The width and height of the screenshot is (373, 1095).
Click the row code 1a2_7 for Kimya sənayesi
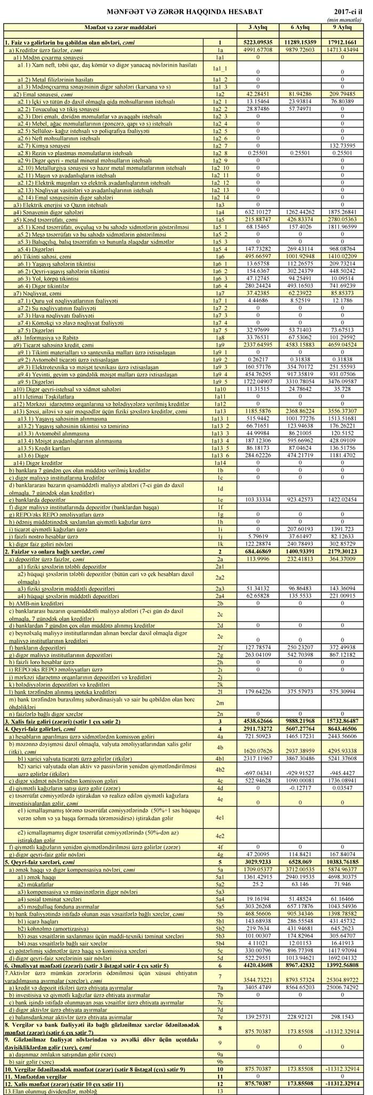pos(219,145)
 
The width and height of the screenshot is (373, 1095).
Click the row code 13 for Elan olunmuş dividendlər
pos(219,1091)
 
